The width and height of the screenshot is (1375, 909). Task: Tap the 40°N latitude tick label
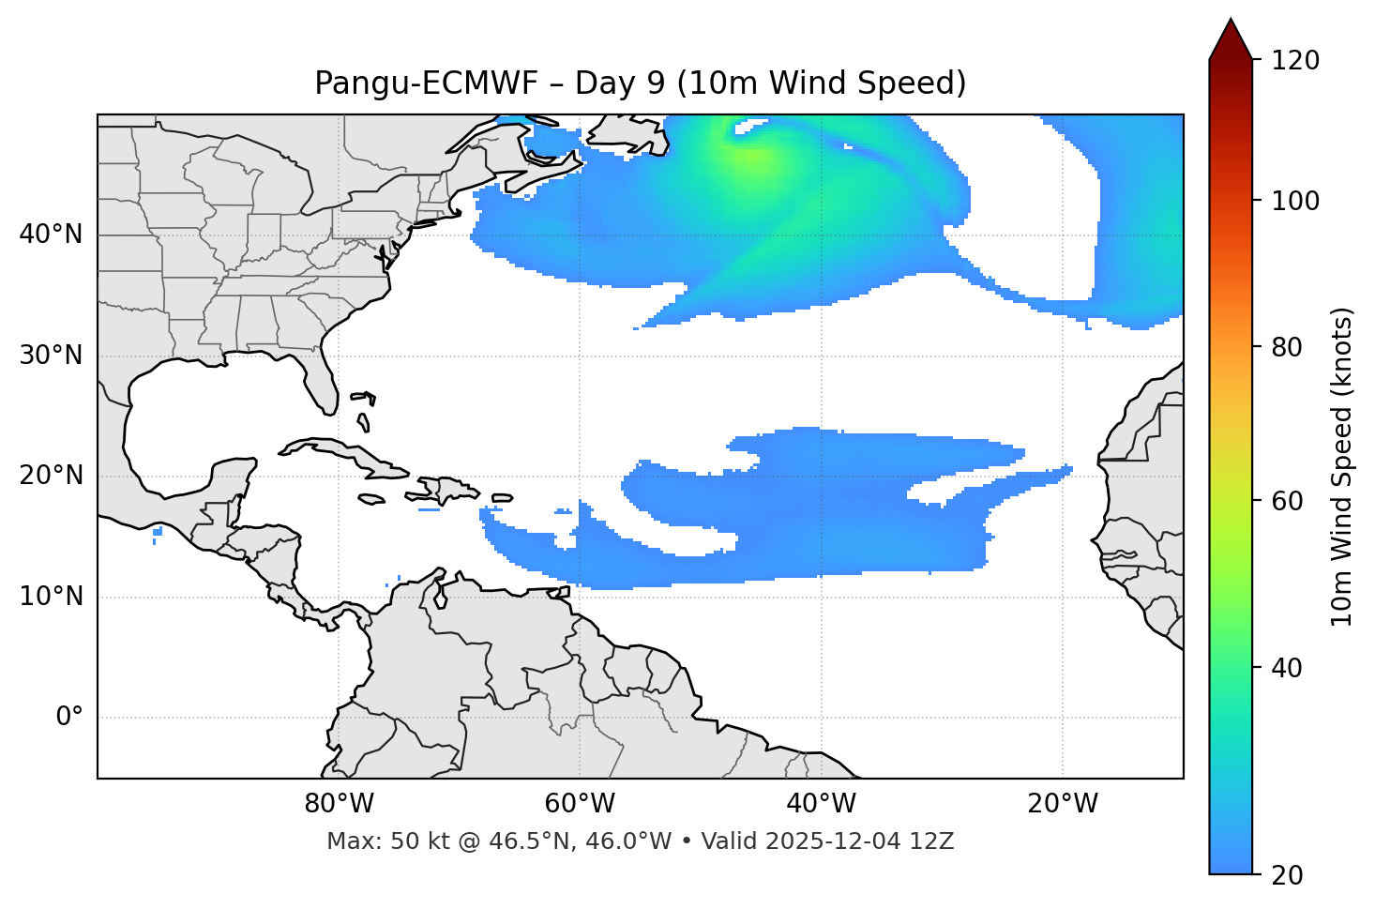click(51, 235)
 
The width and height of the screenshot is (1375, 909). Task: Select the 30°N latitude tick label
click(51, 356)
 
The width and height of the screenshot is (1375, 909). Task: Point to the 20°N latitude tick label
click(51, 476)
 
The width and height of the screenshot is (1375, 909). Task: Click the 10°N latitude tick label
click(51, 597)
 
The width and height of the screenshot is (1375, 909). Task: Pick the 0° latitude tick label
click(69, 718)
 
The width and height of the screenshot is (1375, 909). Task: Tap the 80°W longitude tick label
click(339, 804)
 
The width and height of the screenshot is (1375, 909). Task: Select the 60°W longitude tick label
click(580, 804)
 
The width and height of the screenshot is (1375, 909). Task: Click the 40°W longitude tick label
click(821, 804)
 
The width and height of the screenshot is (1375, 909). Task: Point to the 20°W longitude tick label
click(1063, 804)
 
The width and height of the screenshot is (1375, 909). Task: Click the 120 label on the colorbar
click(1295, 60)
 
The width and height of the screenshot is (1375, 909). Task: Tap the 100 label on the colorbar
click(1295, 201)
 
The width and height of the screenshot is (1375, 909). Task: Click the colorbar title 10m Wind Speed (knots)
click(1342, 467)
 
